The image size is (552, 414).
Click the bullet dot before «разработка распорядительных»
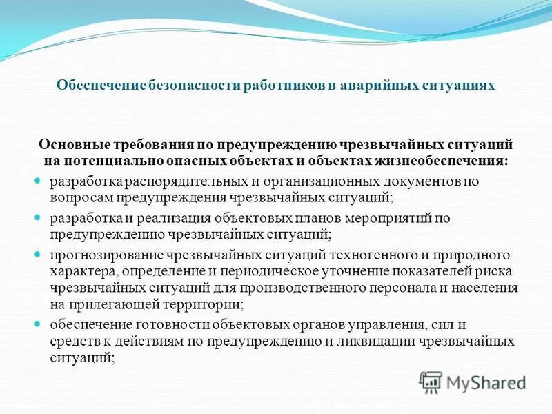click(x=39, y=181)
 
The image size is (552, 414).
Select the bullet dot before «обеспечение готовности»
click(x=39, y=323)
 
